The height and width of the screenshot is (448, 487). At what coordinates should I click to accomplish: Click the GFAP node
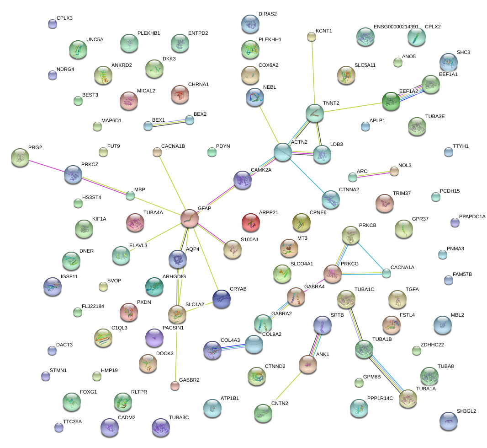click(190, 218)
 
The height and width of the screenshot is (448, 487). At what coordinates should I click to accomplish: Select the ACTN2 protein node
click(283, 152)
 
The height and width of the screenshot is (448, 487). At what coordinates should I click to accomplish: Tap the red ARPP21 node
click(251, 222)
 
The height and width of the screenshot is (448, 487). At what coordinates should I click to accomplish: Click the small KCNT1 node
click(311, 36)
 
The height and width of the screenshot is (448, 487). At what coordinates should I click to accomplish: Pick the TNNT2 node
click(314, 113)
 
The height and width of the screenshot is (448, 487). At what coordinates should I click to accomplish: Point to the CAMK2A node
click(242, 180)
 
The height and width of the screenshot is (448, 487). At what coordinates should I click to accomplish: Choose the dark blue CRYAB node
click(222, 299)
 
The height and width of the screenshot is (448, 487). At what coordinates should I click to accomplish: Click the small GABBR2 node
click(175, 385)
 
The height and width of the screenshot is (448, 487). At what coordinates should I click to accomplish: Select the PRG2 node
click(20, 157)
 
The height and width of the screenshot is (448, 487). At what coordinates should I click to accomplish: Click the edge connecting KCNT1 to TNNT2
click(312, 73)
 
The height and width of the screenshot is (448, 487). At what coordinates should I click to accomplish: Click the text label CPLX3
click(64, 18)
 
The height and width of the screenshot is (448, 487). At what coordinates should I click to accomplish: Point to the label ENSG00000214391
click(396, 27)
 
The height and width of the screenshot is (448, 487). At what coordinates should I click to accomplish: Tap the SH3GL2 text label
click(466, 411)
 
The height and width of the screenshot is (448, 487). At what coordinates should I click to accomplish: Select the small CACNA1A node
click(386, 274)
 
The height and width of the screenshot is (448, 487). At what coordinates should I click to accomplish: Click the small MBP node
click(130, 196)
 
